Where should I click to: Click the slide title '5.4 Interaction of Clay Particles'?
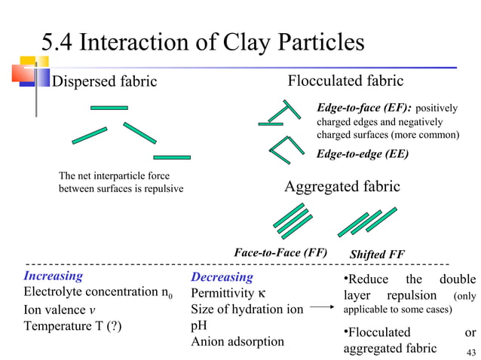pos(203,42)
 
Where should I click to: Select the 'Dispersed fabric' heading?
pos(103,81)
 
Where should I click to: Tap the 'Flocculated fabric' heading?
pos(346,81)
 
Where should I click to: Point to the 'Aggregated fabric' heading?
pos(342,186)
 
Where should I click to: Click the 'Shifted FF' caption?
pos(377,255)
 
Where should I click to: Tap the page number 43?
pos(472,353)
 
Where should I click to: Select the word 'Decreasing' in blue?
pos(222,277)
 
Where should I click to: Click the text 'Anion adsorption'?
pos(237,341)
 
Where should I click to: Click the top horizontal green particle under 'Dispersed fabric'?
pos(109,108)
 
